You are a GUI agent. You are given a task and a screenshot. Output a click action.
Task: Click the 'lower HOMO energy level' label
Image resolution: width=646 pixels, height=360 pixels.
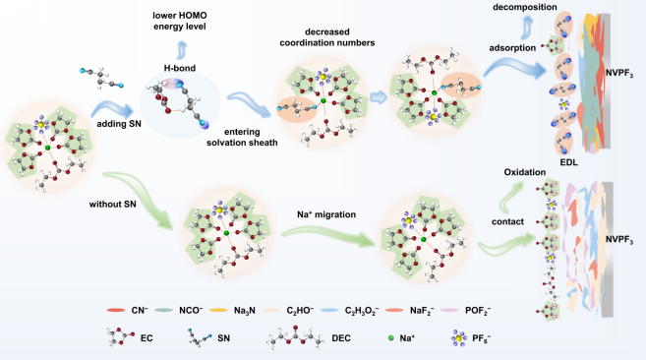click(180, 21)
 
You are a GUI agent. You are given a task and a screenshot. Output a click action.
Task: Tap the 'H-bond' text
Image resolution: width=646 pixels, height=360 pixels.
click(180, 68)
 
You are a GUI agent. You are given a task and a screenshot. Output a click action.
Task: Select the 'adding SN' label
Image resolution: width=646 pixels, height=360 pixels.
click(119, 124)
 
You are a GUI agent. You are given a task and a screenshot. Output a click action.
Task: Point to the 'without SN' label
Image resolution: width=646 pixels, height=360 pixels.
click(112, 205)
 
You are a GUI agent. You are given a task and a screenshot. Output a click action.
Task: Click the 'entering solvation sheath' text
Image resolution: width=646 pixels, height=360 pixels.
click(242, 138)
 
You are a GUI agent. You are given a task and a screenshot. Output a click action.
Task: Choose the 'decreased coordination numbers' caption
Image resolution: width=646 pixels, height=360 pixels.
click(327, 37)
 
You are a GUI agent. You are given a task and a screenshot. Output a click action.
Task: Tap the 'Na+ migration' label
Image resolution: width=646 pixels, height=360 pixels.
click(326, 214)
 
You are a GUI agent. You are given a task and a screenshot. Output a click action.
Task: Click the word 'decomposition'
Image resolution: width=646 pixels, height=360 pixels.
click(524, 7)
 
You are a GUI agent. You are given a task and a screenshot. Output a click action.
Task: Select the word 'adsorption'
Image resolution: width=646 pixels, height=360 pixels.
click(512, 48)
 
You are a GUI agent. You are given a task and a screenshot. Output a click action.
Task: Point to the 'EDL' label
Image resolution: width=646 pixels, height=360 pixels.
click(568, 162)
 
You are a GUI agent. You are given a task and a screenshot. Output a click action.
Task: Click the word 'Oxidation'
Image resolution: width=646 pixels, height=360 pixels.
click(524, 172)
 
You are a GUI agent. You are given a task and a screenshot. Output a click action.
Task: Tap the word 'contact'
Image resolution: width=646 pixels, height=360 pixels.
click(507, 222)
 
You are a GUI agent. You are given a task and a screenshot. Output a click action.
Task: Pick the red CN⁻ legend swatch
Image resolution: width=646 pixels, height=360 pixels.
click(116, 310)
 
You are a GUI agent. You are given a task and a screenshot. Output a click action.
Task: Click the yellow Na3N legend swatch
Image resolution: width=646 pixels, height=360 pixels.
click(218, 310)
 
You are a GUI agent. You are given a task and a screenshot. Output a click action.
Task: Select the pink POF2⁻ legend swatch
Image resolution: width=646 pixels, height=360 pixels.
click(449, 310)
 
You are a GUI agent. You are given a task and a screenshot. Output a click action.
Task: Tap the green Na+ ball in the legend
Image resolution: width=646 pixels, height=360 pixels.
click(391, 338)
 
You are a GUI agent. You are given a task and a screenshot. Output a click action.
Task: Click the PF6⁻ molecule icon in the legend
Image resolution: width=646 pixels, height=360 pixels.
click(458, 338)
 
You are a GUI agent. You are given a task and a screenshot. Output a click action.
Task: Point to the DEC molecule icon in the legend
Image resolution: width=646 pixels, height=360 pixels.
click(295, 337)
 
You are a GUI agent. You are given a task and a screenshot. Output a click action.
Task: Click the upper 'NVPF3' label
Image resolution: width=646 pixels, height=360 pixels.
click(619, 74)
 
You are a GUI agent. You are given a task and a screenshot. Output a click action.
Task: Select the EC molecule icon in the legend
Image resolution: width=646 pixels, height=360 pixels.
click(120, 337)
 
